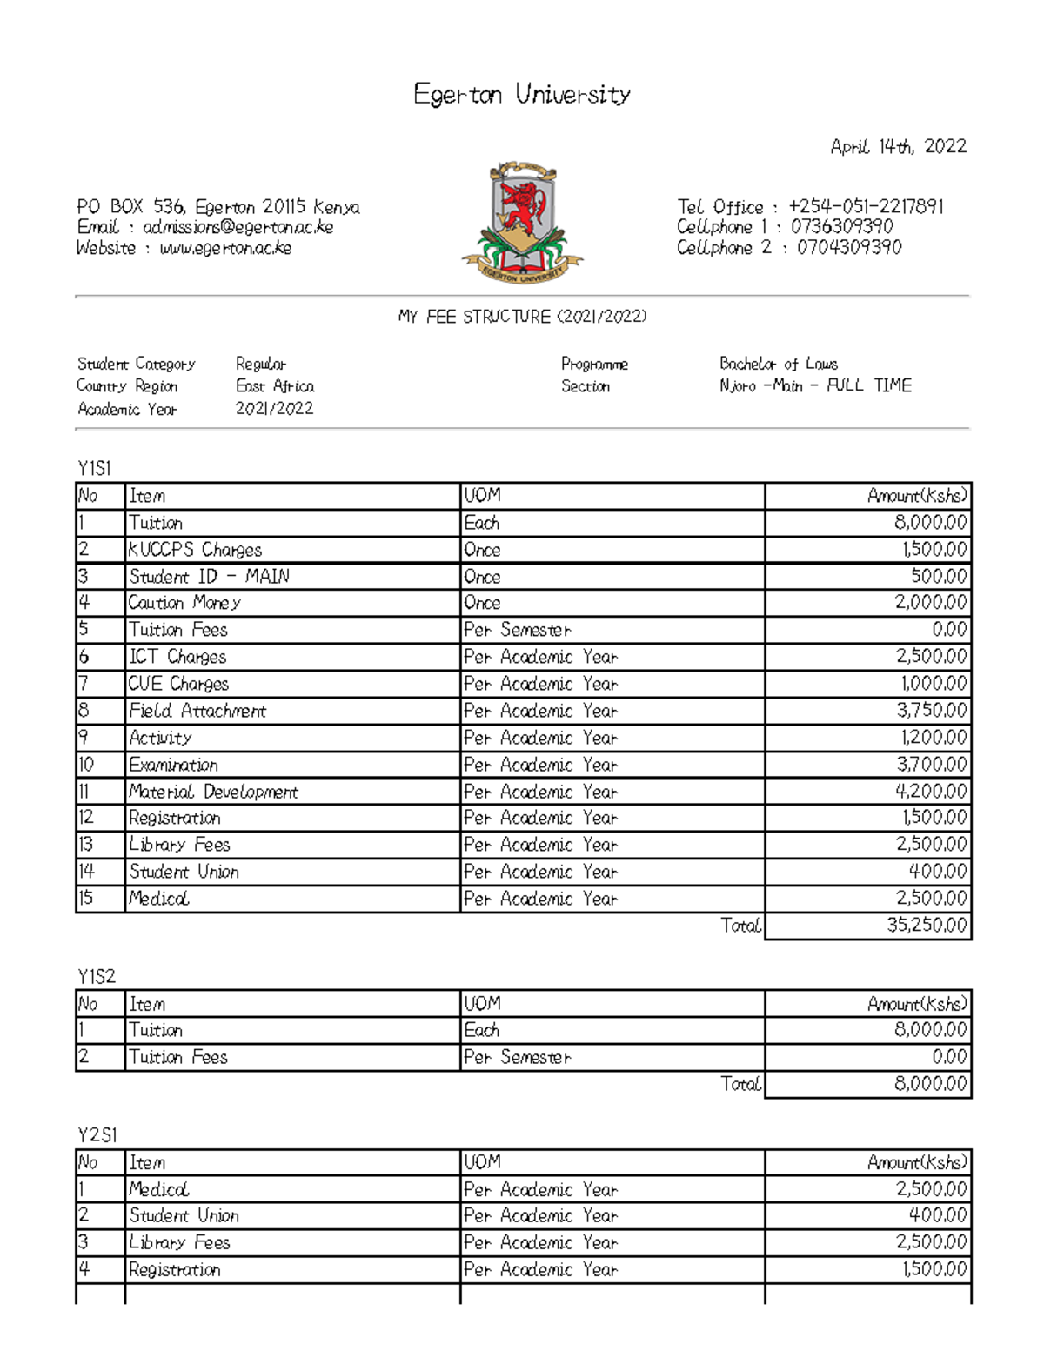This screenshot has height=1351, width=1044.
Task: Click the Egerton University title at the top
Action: click(x=522, y=94)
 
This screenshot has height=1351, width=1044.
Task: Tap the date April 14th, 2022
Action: click(x=898, y=146)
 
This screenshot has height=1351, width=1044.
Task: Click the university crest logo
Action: click(x=522, y=222)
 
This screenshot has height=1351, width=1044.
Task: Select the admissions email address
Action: click(x=238, y=227)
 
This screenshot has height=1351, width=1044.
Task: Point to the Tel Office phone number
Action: click(x=865, y=206)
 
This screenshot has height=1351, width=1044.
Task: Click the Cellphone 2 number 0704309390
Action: click(x=848, y=248)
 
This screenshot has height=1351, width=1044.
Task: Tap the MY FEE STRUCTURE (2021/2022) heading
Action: click(x=522, y=317)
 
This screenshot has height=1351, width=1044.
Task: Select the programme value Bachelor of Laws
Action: click(x=778, y=364)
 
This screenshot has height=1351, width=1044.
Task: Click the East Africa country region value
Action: click(x=274, y=386)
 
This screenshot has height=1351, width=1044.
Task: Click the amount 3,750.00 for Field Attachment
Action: click(x=931, y=711)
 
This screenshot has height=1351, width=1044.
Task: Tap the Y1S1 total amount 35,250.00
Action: click(x=926, y=926)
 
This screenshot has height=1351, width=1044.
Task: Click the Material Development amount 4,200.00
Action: click(x=931, y=792)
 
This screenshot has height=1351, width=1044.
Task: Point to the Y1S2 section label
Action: click(x=96, y=976)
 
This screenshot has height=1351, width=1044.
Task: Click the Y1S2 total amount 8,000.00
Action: click(x=929, y=1084)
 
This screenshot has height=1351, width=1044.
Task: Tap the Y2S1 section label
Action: click(x=97, y=1135)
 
